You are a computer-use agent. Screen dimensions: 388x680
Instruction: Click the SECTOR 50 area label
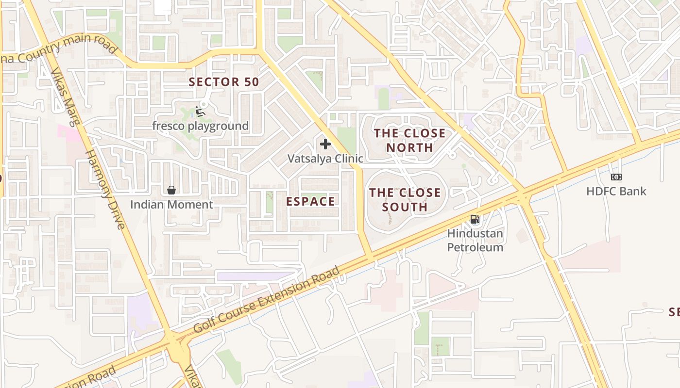(x=224, y=82)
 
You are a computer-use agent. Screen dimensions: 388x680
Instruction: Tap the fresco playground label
(x=200, y=126)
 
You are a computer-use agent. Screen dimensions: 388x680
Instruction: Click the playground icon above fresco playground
(x=200, y=112)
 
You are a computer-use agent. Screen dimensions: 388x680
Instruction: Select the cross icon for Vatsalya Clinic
(x=325, y=144)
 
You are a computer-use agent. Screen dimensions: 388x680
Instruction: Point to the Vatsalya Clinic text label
(x=325, y=159)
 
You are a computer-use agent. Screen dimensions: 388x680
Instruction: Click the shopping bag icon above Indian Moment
(x=171, y=190)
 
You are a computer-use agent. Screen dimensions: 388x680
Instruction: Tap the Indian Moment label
(x=171, y=205)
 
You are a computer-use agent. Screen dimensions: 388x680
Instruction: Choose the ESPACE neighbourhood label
(x=311, y=201)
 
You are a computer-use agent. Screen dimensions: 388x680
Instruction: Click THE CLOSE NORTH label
(x=409, y=140)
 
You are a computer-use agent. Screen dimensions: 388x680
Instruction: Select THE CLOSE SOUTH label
(x=405, y=199)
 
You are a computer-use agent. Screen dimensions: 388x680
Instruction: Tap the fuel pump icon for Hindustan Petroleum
(x=475, y=219)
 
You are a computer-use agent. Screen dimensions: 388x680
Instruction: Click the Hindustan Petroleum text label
(x=475, y=240)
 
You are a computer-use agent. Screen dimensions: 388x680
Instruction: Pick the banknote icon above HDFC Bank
(x=616, y=177)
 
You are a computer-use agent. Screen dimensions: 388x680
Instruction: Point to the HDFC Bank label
(x=616, y=191)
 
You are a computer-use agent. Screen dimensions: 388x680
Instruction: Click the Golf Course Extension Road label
(x=267, y=300)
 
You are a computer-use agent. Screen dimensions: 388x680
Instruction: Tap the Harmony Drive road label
(x=106, y=189)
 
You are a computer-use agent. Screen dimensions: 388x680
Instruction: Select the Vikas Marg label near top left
(x=65, y=97)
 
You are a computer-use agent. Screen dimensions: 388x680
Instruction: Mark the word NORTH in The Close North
(x=409, y=147)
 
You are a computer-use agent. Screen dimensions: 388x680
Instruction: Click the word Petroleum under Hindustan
(x=475, y=247)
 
